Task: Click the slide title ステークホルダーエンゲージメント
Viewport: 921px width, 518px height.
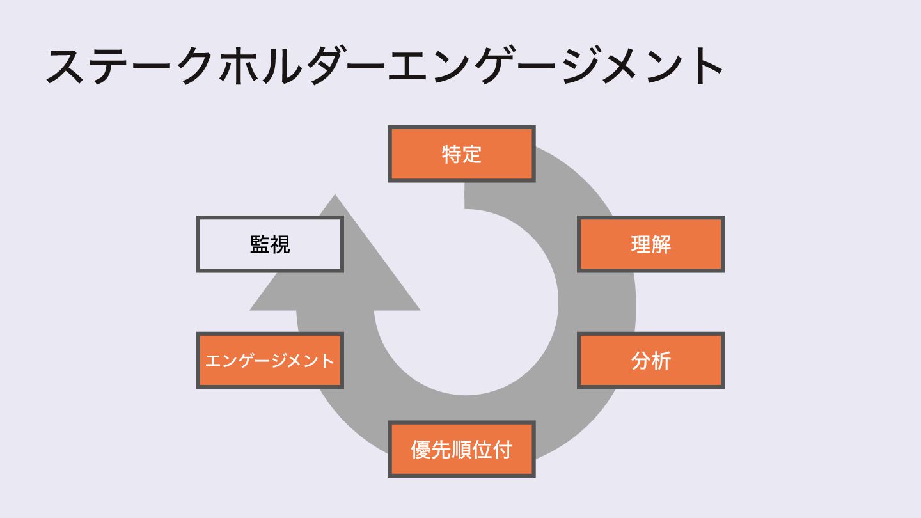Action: pos(384,66)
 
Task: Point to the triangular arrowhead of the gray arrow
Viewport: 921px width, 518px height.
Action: pos(335,269)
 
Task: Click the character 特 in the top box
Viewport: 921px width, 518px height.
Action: pos(452,154)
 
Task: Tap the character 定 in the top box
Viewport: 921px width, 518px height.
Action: pos(472,154)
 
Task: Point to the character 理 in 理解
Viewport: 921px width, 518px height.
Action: pos(641,244)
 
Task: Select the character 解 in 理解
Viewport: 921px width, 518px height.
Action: pos(661,244)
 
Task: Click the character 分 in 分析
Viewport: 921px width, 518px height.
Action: pos(641,360)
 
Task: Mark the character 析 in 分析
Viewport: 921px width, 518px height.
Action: pos(661,360)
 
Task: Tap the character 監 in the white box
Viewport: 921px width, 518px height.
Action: pos(260,244)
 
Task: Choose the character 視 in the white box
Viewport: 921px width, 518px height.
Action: pos(280,244)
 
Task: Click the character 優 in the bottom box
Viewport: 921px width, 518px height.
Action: pos(421,449)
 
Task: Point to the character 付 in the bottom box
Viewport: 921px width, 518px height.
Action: pos(502,449)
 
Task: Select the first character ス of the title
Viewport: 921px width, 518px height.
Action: pos(66,66)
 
